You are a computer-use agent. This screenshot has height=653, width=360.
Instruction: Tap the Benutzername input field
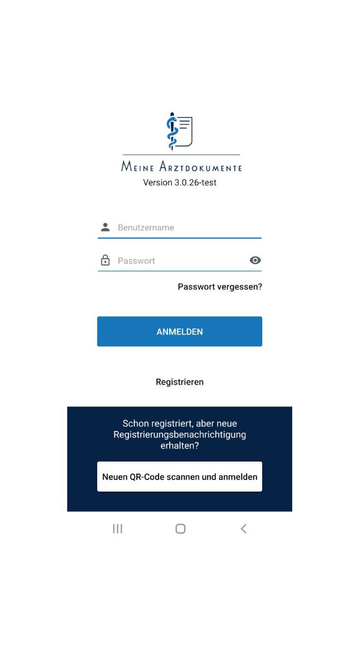tap(186, 227)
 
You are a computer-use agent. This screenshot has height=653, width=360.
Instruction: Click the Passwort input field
tap(180, 260)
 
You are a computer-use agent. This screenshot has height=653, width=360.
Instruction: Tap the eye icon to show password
tap(255, 260)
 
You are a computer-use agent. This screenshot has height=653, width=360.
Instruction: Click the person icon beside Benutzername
tap(106, 227)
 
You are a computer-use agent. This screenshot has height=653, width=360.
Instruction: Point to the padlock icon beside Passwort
tap(106, 260)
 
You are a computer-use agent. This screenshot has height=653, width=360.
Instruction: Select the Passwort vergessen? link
tap(220, 287)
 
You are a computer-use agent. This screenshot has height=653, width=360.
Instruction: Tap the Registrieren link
tap(179, 382)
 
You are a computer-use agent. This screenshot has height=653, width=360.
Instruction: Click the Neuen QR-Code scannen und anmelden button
tap(179, 477)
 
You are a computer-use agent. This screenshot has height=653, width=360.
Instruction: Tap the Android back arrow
tap(243, 529)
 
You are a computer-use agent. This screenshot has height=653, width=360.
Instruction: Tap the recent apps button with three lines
tap(118, 529)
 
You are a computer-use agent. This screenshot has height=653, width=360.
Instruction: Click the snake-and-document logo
tap(179, 131)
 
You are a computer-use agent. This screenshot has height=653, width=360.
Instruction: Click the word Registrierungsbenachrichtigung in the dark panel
tap(179, 435)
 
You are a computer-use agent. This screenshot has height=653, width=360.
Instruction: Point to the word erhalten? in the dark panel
tap(179, 446)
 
